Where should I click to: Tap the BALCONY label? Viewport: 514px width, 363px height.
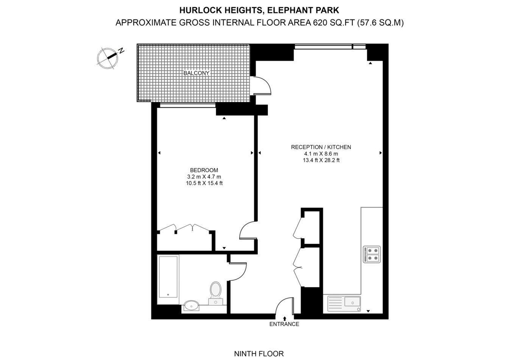click(196, 73)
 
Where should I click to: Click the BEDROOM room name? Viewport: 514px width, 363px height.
click(204, 170)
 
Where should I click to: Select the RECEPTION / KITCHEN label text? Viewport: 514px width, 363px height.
click(321, 147)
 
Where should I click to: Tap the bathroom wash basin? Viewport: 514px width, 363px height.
click(192, 306)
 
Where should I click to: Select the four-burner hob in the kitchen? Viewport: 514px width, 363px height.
click(372, 254)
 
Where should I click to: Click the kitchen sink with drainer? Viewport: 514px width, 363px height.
click(344, 304)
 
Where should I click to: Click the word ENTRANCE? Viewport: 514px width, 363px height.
click(284, 324)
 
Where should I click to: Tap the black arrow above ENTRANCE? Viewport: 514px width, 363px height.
click(285, 318)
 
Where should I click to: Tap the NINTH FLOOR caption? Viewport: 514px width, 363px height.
click(259, 354)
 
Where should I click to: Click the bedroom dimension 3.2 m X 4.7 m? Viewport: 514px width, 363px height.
click(204, 177)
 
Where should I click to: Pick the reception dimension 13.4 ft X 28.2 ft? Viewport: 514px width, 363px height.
click(321, 160)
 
